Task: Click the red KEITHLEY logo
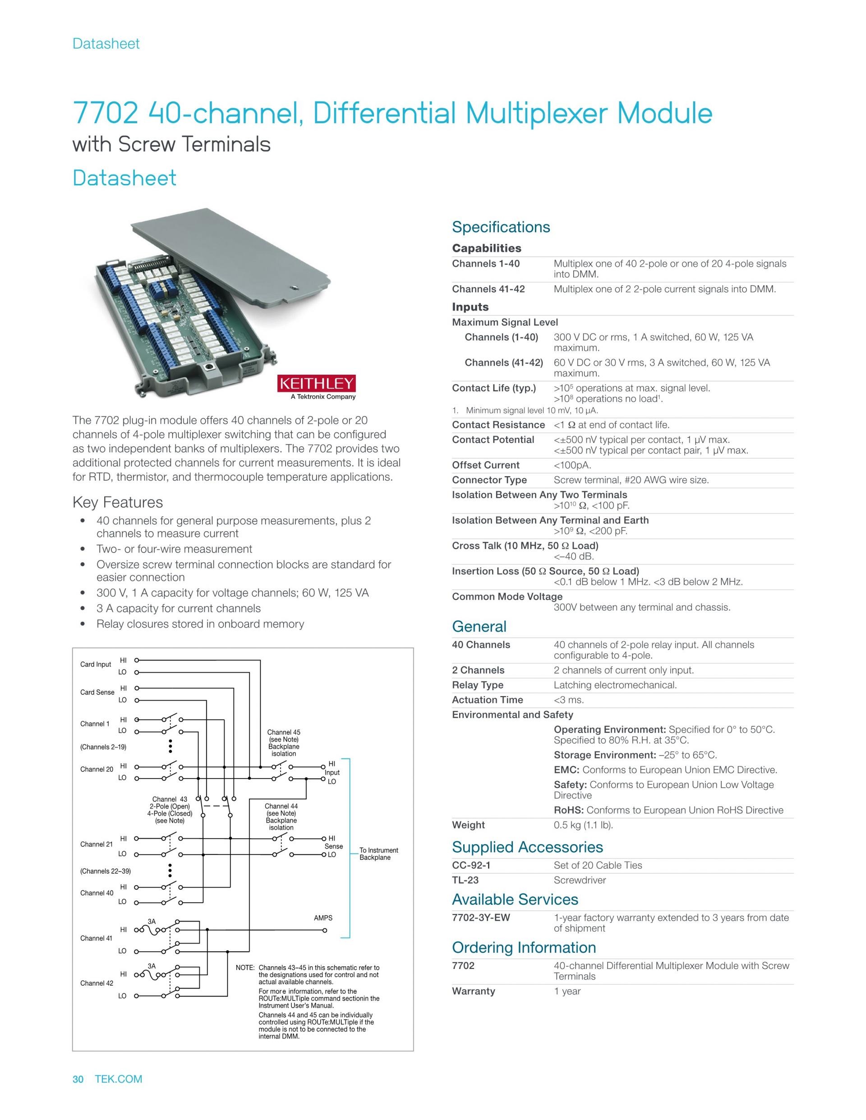[316, 383]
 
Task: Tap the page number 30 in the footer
[78, 1079]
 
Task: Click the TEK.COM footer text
[119, 1079]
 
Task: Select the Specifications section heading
[501, 227]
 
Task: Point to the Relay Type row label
[477, 685]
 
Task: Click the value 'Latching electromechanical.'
[615, 685]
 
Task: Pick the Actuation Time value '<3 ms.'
[568, 700]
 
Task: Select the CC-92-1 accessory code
[471, 865]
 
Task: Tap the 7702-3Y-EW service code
[481, 918]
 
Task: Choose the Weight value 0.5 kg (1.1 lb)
[583, 825]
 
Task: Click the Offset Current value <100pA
[572, 465]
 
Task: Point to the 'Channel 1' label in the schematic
[94, 724]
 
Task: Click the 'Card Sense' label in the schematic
[97, 692]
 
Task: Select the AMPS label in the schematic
[323, 918]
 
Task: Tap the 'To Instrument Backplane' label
[378, 854]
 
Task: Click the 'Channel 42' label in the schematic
[97, 983]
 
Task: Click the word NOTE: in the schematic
[245, 968]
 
